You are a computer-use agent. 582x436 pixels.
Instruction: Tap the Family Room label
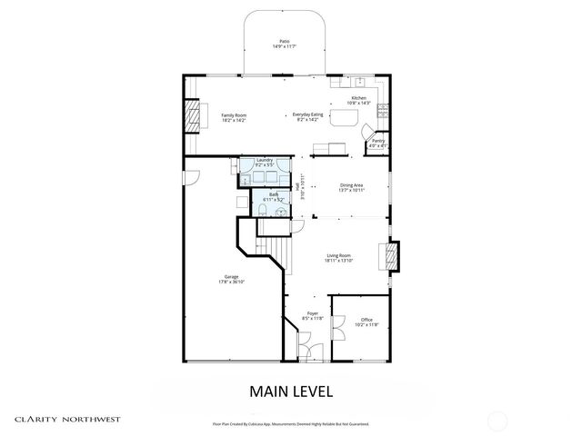[235, 114]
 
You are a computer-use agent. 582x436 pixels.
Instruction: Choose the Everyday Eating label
[306, 114]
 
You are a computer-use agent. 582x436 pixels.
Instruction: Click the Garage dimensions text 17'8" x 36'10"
[231, 282]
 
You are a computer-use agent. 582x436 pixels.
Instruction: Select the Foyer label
[313, 315]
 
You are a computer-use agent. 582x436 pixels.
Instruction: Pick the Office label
[366, 320]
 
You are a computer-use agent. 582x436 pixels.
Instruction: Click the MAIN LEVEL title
[291, 392]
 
